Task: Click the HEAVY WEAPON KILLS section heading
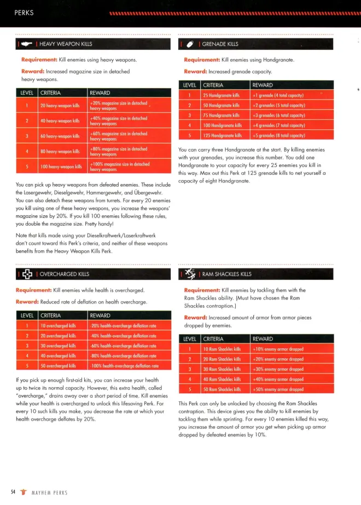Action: (x=66, y=44)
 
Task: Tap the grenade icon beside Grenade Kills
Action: (x=190, y=44)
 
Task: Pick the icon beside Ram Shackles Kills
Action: (x=190, y=273)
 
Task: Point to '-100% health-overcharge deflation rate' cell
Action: (x=124, y=365)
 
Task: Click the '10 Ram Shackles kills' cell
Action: (x=222, y=349)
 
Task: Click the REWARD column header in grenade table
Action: (x=263, y=85)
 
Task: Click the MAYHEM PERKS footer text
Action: (x=49, y=492)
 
